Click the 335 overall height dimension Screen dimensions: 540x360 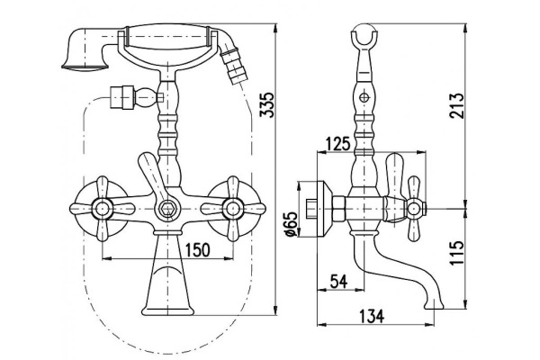click(x=267, y=104)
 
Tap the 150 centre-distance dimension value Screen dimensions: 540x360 click(x=197, y=250)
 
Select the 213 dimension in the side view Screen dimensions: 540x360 click(x=457, y=105)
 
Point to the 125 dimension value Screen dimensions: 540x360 click(x=337, y=144)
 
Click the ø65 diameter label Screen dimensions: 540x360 click(x=292, y=224)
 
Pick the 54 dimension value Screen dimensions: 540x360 click(x=339, y=281)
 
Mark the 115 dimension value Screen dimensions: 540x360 click(x=457, y=253)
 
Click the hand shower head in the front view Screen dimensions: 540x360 click(x=85, y=49)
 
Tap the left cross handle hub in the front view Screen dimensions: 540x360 click(x=103, y=209)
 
